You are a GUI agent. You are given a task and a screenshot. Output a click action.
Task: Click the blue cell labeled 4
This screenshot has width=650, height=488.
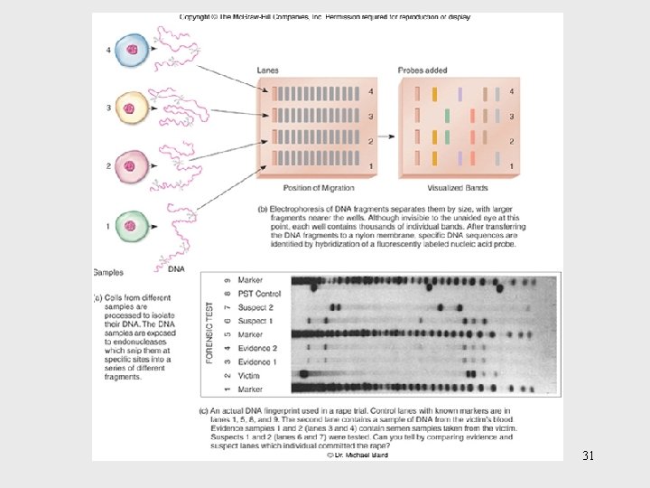pyautogui.click(x=130, y=50)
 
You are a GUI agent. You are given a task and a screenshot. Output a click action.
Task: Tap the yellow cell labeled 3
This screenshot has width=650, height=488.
pyautogui.click(x=130, y=108)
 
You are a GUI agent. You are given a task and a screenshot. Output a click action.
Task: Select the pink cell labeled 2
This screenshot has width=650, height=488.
pyautogui.click(x=130, y=167)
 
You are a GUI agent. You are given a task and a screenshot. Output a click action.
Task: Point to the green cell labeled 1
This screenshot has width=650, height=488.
pyautogui.click(x=130, y=225)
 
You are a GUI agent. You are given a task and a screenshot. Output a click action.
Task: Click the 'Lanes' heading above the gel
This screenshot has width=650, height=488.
pyautogui.click(x=267, y=70)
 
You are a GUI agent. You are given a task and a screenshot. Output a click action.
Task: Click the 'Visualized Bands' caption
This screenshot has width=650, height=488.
pyautogui.click(x=460, y=187)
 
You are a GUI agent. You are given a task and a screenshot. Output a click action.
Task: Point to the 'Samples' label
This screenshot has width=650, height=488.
pyautogui.click(x=108, y=271)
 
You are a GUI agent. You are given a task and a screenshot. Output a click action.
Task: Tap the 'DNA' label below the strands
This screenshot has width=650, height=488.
pyautogui.click(x=177, y=267)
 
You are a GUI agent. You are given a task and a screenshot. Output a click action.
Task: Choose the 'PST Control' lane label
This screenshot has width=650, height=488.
pyautogui.click(x=258, y=294)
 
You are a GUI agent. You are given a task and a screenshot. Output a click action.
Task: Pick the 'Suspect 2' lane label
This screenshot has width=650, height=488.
pyautogui.click(x=255, y=307)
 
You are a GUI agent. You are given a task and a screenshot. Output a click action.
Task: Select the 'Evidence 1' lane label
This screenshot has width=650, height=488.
pyautogui.click(x=256, y=361)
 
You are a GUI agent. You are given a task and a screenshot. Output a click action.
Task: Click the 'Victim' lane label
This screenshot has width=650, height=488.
pyautogui.click(x=248, y=375)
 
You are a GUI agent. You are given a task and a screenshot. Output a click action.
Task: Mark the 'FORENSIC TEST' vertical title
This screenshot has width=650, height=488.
pyautogui.click(x=210, y=333)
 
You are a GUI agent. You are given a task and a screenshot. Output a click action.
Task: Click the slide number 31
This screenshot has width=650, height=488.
pyautogui.click(x=588, y=455)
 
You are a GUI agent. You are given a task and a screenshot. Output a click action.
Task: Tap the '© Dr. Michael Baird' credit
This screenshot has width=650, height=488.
pyautogui.click(x=357, y=455)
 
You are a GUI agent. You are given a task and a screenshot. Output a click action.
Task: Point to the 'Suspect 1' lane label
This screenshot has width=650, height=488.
pyautogui.click(x=255, y=321)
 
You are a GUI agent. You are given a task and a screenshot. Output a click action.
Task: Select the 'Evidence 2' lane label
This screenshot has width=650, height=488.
pyautogui.click(x=256, y=348)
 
